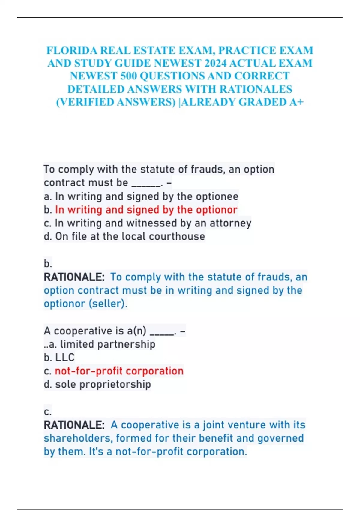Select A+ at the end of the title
coord(296,102)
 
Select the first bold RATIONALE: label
coord(74,277)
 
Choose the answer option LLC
coord(65,358)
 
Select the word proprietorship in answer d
coord(115,384)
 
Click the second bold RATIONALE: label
coord(74,425)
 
